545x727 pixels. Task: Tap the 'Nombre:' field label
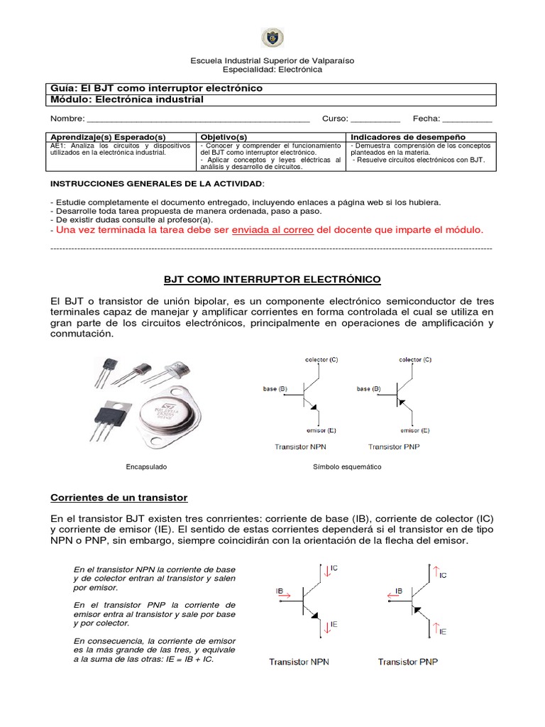[x=67, y=119]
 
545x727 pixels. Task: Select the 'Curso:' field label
[x=334, y=119]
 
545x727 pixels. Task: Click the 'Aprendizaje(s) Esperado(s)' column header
[x=107, y=136]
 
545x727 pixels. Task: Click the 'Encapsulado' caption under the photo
[x=146, y=467]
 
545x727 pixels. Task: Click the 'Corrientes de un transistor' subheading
[x=119, y=497]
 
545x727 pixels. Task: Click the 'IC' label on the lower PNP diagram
[x=443, y=574]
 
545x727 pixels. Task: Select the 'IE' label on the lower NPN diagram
[x=334, y=625]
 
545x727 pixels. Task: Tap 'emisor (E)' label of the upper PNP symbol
[x=414, y=430]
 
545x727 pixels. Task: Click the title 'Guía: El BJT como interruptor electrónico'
[x=156, y=88]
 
